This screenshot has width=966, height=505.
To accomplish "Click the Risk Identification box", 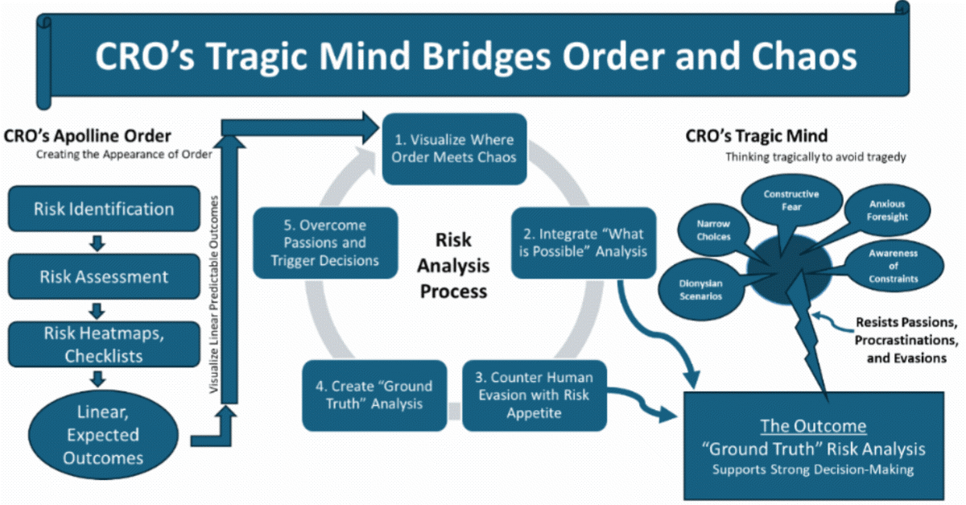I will click(104, 209).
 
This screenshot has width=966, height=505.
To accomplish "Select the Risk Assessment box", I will click(104, 276).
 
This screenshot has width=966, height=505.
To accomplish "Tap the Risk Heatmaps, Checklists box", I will click(104, 344).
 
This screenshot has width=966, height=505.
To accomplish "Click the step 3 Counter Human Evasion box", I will click(534, 395).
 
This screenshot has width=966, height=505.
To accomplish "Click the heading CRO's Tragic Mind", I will click(756, 137).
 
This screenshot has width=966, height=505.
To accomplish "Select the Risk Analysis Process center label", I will click(452, 265).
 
